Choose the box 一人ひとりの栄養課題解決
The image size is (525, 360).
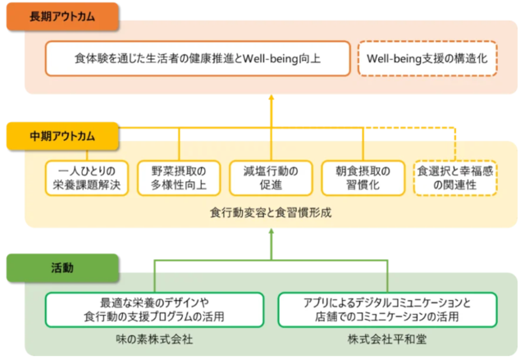83,178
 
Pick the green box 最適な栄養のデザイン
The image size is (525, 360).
154,308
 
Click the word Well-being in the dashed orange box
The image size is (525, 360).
395,60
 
